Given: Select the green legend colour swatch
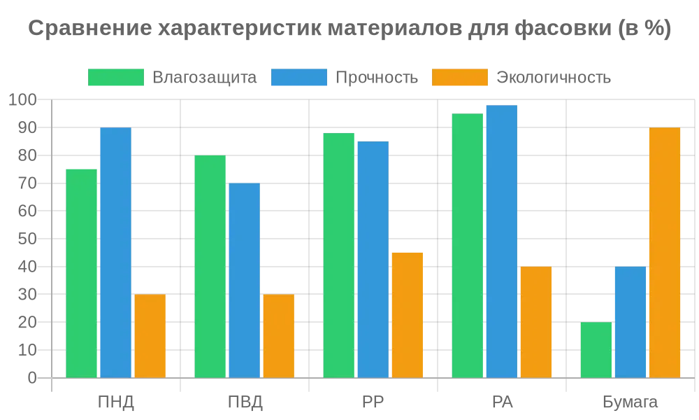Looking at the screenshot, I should pos(115,78).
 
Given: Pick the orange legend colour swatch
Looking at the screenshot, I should pos(459,78).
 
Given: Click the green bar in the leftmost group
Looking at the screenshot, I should pos(81,273).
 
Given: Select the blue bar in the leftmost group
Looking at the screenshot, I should pos(116,252).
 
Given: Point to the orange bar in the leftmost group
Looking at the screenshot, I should pos(150,336).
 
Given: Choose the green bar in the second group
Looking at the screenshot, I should pos(210,266).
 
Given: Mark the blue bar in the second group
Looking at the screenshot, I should pos(245,280).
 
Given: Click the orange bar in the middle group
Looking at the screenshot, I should pos(408,315).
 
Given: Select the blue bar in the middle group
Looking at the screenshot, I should pos(373,259).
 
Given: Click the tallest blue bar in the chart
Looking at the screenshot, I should pos(502,241).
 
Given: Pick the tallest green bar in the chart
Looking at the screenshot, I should pos(468,245).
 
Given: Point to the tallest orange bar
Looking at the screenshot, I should pos(665,252).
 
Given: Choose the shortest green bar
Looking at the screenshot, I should pos(596,350).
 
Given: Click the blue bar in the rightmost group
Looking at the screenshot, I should pos(630,322).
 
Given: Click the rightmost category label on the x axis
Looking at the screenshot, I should pos(629,402).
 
